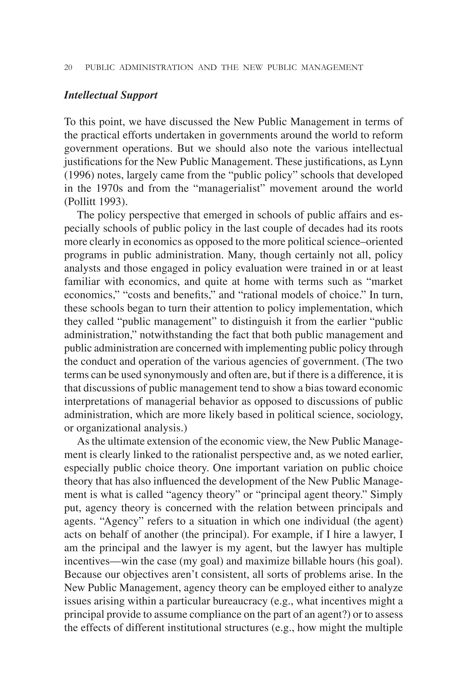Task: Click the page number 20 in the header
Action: click(x=68, y=68)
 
